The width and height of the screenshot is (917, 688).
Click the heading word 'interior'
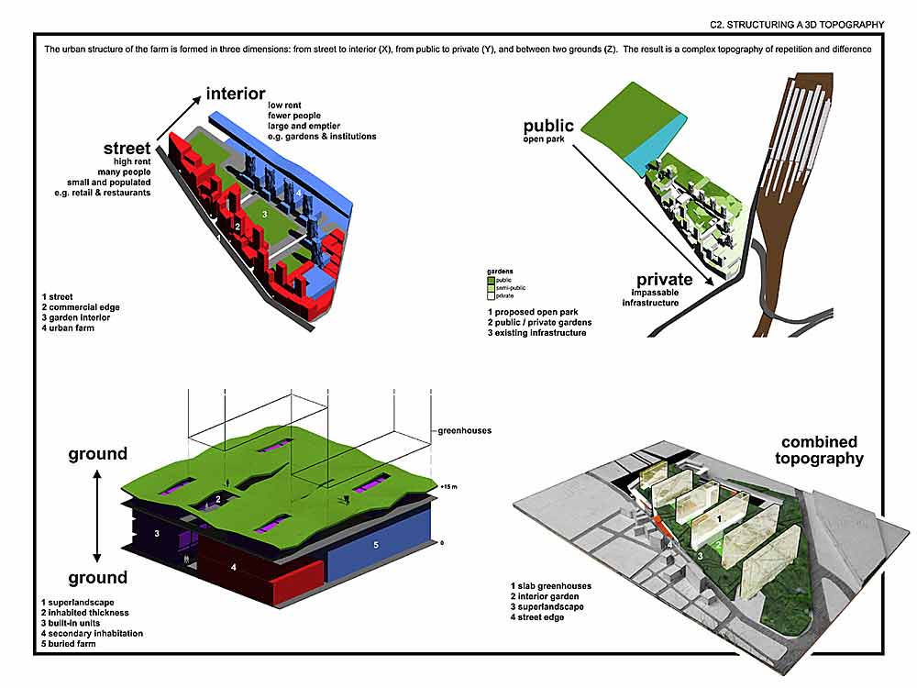[236, 94]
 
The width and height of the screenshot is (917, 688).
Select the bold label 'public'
[548, 126]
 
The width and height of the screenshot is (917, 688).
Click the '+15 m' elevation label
[447, 484]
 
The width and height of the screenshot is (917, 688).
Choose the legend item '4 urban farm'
[68, 328]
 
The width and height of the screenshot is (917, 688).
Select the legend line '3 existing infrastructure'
[537, 332]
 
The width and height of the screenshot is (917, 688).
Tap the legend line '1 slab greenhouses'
[551, 585]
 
